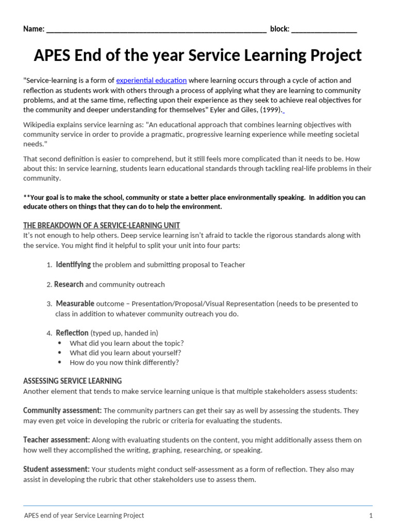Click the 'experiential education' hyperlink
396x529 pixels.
(151, 81)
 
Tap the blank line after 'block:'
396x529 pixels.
(324, 29)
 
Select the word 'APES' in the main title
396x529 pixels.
(56, 55)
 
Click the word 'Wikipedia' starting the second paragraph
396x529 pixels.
(40, 125)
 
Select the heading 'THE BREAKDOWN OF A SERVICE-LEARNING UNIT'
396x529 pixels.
(102, 225)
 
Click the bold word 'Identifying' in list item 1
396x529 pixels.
(73, 264)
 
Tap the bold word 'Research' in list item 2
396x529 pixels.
(69, 284)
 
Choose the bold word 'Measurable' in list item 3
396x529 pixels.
(75, 304)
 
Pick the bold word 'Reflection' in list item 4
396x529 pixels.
(72, 333)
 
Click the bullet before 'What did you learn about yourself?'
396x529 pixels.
(60, 353)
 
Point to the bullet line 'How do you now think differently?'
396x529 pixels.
(124, 363)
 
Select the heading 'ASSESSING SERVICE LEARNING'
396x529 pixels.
(73, 381)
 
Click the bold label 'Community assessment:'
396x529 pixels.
(62, 411)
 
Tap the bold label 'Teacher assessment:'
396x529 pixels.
(57, 440)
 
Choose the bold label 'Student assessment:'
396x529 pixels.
(56, 470)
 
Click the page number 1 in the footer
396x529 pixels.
(370, 516)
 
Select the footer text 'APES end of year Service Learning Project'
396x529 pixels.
(84, 516)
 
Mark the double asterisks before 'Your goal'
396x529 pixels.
(27, 198)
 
